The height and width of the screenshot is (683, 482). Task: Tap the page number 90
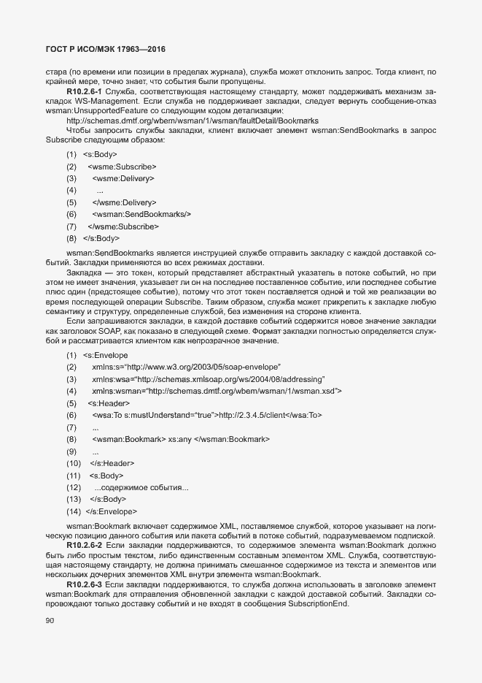point(50,621)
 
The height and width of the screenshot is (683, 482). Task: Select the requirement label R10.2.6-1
point(85,91)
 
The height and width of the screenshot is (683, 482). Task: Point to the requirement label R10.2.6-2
point(85,545)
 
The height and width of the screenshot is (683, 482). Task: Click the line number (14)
point(73,511)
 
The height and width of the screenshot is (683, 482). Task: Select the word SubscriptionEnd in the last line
point(319,606)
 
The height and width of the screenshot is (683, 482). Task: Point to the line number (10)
point(73,463)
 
